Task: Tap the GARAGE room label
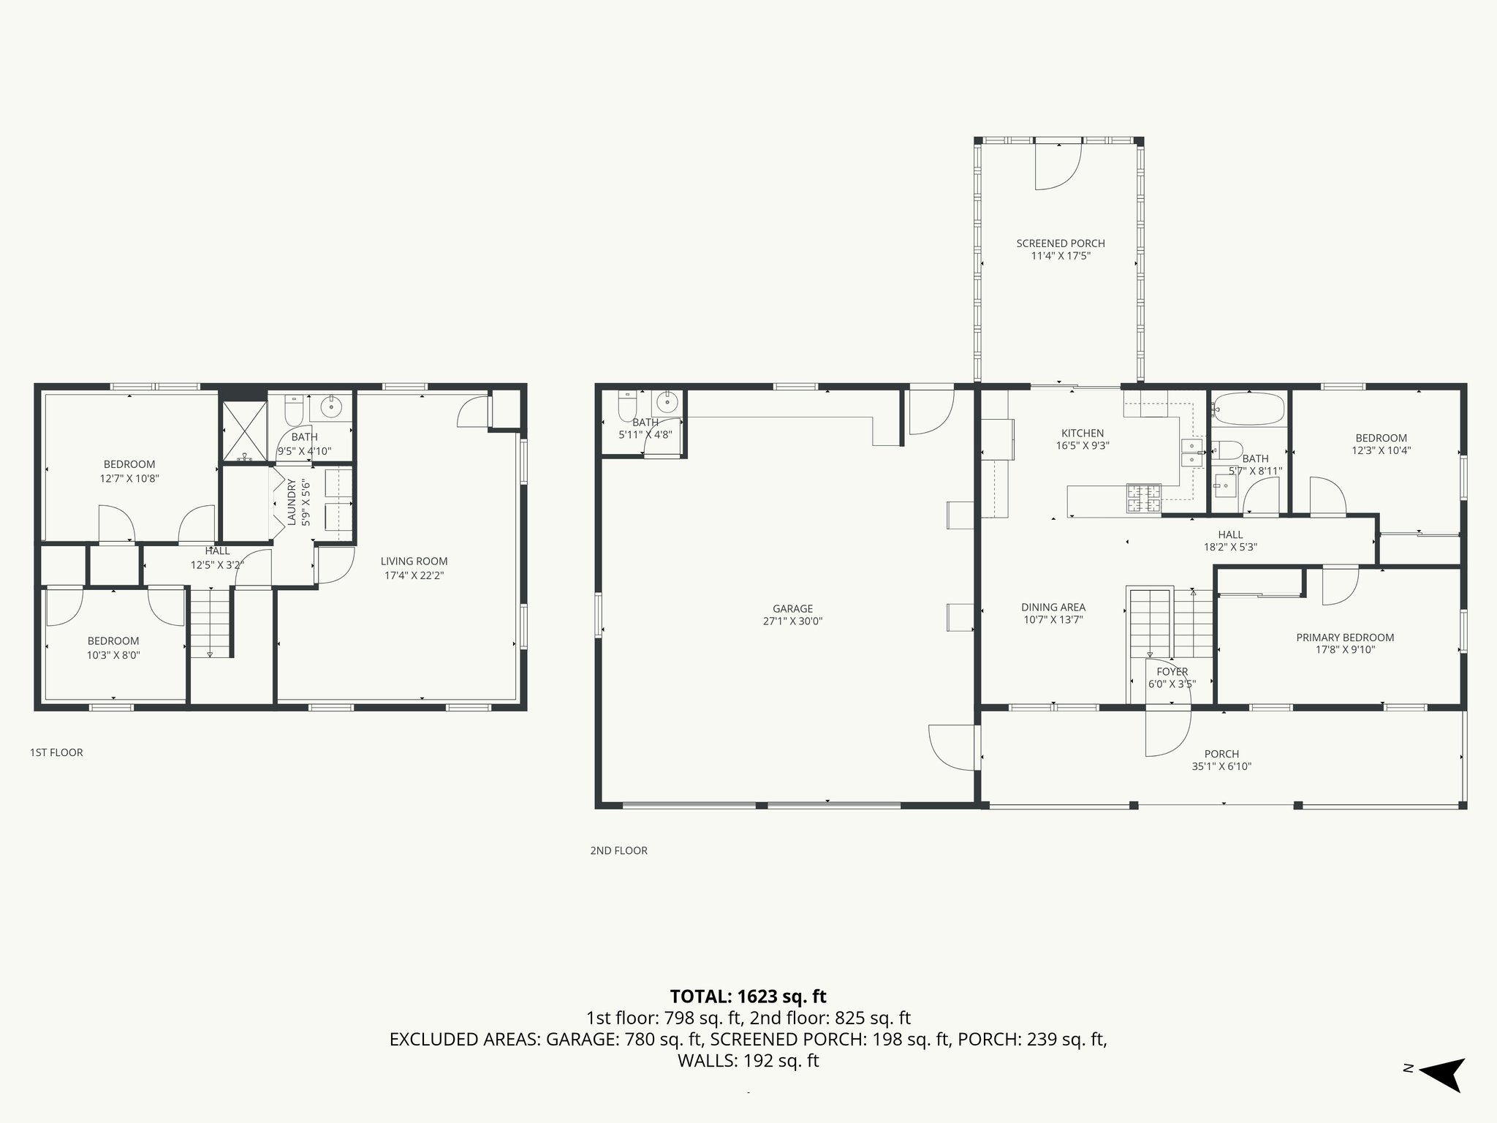pos(792,608)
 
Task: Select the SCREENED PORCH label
pos(1061,243)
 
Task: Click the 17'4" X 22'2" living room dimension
pos(414,575)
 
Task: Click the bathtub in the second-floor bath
pos(1248,409)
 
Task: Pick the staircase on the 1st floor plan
pos(211,624)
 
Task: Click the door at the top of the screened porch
pos(1058,167)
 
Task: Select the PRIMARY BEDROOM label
pos(1345,638)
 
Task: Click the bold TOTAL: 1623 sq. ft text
pos(748,997)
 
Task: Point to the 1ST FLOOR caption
pos(56,752)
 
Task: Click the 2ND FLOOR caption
pos(618,850)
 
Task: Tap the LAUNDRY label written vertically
pos(292,502)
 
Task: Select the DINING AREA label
pos(1053,607)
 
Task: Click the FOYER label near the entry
pos(1172,671)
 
